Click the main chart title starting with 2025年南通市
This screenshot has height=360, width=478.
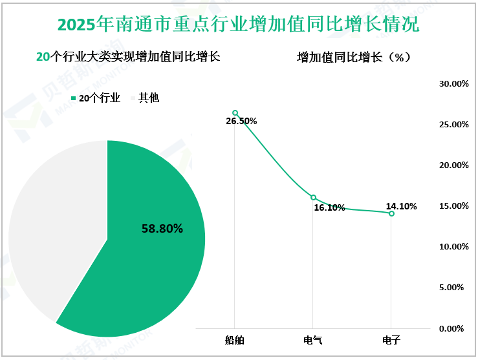[238, 25]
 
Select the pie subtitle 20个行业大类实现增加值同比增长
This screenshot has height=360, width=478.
[128, 57]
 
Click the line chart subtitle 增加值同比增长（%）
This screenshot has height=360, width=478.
[354, 58]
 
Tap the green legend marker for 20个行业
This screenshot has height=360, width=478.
[74, 98]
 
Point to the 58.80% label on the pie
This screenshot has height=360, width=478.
[162, 229]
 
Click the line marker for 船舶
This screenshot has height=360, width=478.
[235, 113]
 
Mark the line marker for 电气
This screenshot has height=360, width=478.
[313, 198]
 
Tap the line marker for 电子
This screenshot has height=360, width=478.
[391, 213]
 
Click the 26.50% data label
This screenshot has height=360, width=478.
[241, 122]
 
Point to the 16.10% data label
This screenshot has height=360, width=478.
[330, 207]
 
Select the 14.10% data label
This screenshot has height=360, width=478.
[401, 207]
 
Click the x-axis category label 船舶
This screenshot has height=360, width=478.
[235, 339]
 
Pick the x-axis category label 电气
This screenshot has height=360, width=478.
[313, 339]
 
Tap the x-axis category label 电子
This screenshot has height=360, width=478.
[391, 339]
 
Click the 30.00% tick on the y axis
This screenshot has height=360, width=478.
[453, 84]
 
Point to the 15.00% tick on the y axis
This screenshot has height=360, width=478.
[453, 206]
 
